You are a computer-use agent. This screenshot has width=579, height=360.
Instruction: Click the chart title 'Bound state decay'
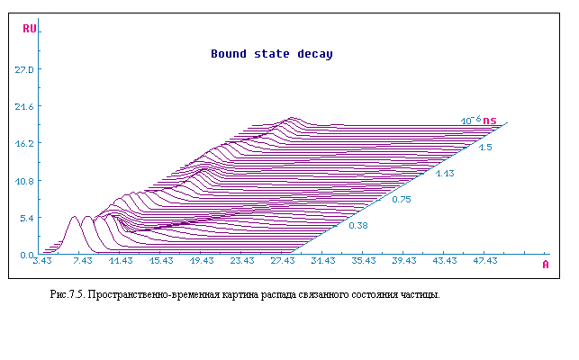(x=272, y=54)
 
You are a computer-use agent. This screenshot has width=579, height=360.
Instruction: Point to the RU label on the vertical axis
(x=30, y=29)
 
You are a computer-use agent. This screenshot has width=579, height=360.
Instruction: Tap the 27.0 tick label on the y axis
(x=24, y=69)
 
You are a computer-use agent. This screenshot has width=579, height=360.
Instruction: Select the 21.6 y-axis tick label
(x=24, y=107)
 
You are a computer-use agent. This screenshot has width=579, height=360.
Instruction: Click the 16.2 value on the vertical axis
(x=24, y=143)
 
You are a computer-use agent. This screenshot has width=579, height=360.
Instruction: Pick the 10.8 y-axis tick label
(x=24, y=181)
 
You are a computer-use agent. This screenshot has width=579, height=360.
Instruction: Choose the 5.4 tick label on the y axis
(x=27, y=218)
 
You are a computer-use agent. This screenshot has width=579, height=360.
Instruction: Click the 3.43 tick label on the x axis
(x=42, y=261)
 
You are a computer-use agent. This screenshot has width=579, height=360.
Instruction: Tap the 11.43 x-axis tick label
(x=121, y=261)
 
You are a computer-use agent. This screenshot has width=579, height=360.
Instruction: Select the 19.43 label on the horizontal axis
(x=202, y=261)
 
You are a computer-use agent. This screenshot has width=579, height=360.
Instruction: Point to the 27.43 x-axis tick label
(x=283, y=261)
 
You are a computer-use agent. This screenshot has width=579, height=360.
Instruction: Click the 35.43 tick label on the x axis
(x=364, y=261)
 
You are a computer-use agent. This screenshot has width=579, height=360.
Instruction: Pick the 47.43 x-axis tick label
(x=485, y=261)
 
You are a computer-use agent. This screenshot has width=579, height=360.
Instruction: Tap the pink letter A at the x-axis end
(x=546, y=265)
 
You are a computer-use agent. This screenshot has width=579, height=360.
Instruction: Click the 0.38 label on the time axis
(x=358, y=226)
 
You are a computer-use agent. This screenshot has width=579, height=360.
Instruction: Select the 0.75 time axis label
(x=402, y=200)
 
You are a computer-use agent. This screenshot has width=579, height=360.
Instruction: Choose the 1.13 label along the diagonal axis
(x=445, y=174)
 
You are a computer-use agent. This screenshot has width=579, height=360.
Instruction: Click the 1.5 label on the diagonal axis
(x=485, y=148)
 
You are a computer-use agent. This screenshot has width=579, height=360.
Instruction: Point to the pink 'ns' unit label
(x=490, y=121)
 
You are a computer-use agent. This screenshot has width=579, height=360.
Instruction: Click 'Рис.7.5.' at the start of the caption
(x=68, y=294)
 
